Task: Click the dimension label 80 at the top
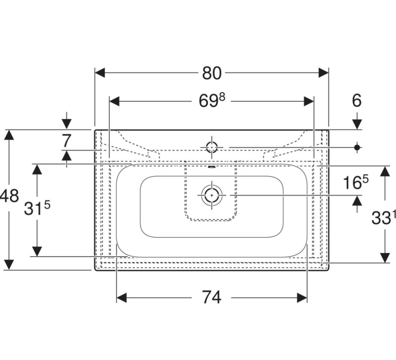[211, 73]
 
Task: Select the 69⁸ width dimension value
[211, 100]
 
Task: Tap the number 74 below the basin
[211, 297]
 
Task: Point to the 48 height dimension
[9, 196]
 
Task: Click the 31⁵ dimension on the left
[37, 208]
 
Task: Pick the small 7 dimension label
[66, 141]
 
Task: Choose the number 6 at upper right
[357, 101]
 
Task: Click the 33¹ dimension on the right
[383, 218]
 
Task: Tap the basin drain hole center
[211, 195]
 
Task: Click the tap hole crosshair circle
[211, 147]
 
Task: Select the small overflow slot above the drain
[211, 166]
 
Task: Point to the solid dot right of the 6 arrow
[357, 147]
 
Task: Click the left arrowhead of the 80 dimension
[100, 73]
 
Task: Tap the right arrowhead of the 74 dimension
[302, 297]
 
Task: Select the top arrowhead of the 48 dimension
[10, 135]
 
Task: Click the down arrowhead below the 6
[357, 124]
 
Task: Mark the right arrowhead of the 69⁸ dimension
[308, 101]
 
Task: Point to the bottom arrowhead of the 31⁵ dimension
[37, 251]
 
